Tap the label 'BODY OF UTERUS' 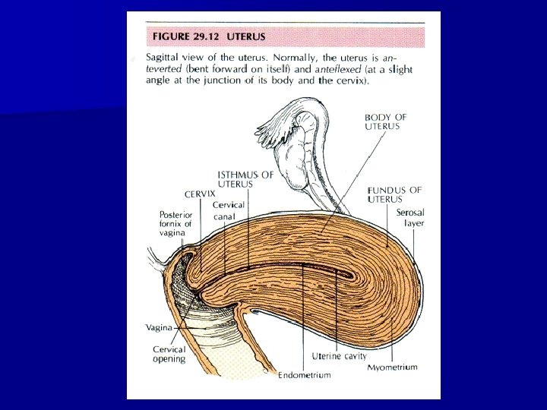(x=385, y=121)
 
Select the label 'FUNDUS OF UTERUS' (x=394, y=194)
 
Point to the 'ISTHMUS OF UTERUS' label (x=245, y=179)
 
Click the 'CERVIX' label (x=200, y=194)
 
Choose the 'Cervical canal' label (x=227, y=211)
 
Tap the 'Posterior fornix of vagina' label (x=175, y=224)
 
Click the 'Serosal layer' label (x=410, y=218)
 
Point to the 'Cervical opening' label (x=169, y=355)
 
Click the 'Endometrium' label (x=305, y=375)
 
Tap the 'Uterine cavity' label (x=339, y=356)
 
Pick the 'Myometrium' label (x=393, y=367)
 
